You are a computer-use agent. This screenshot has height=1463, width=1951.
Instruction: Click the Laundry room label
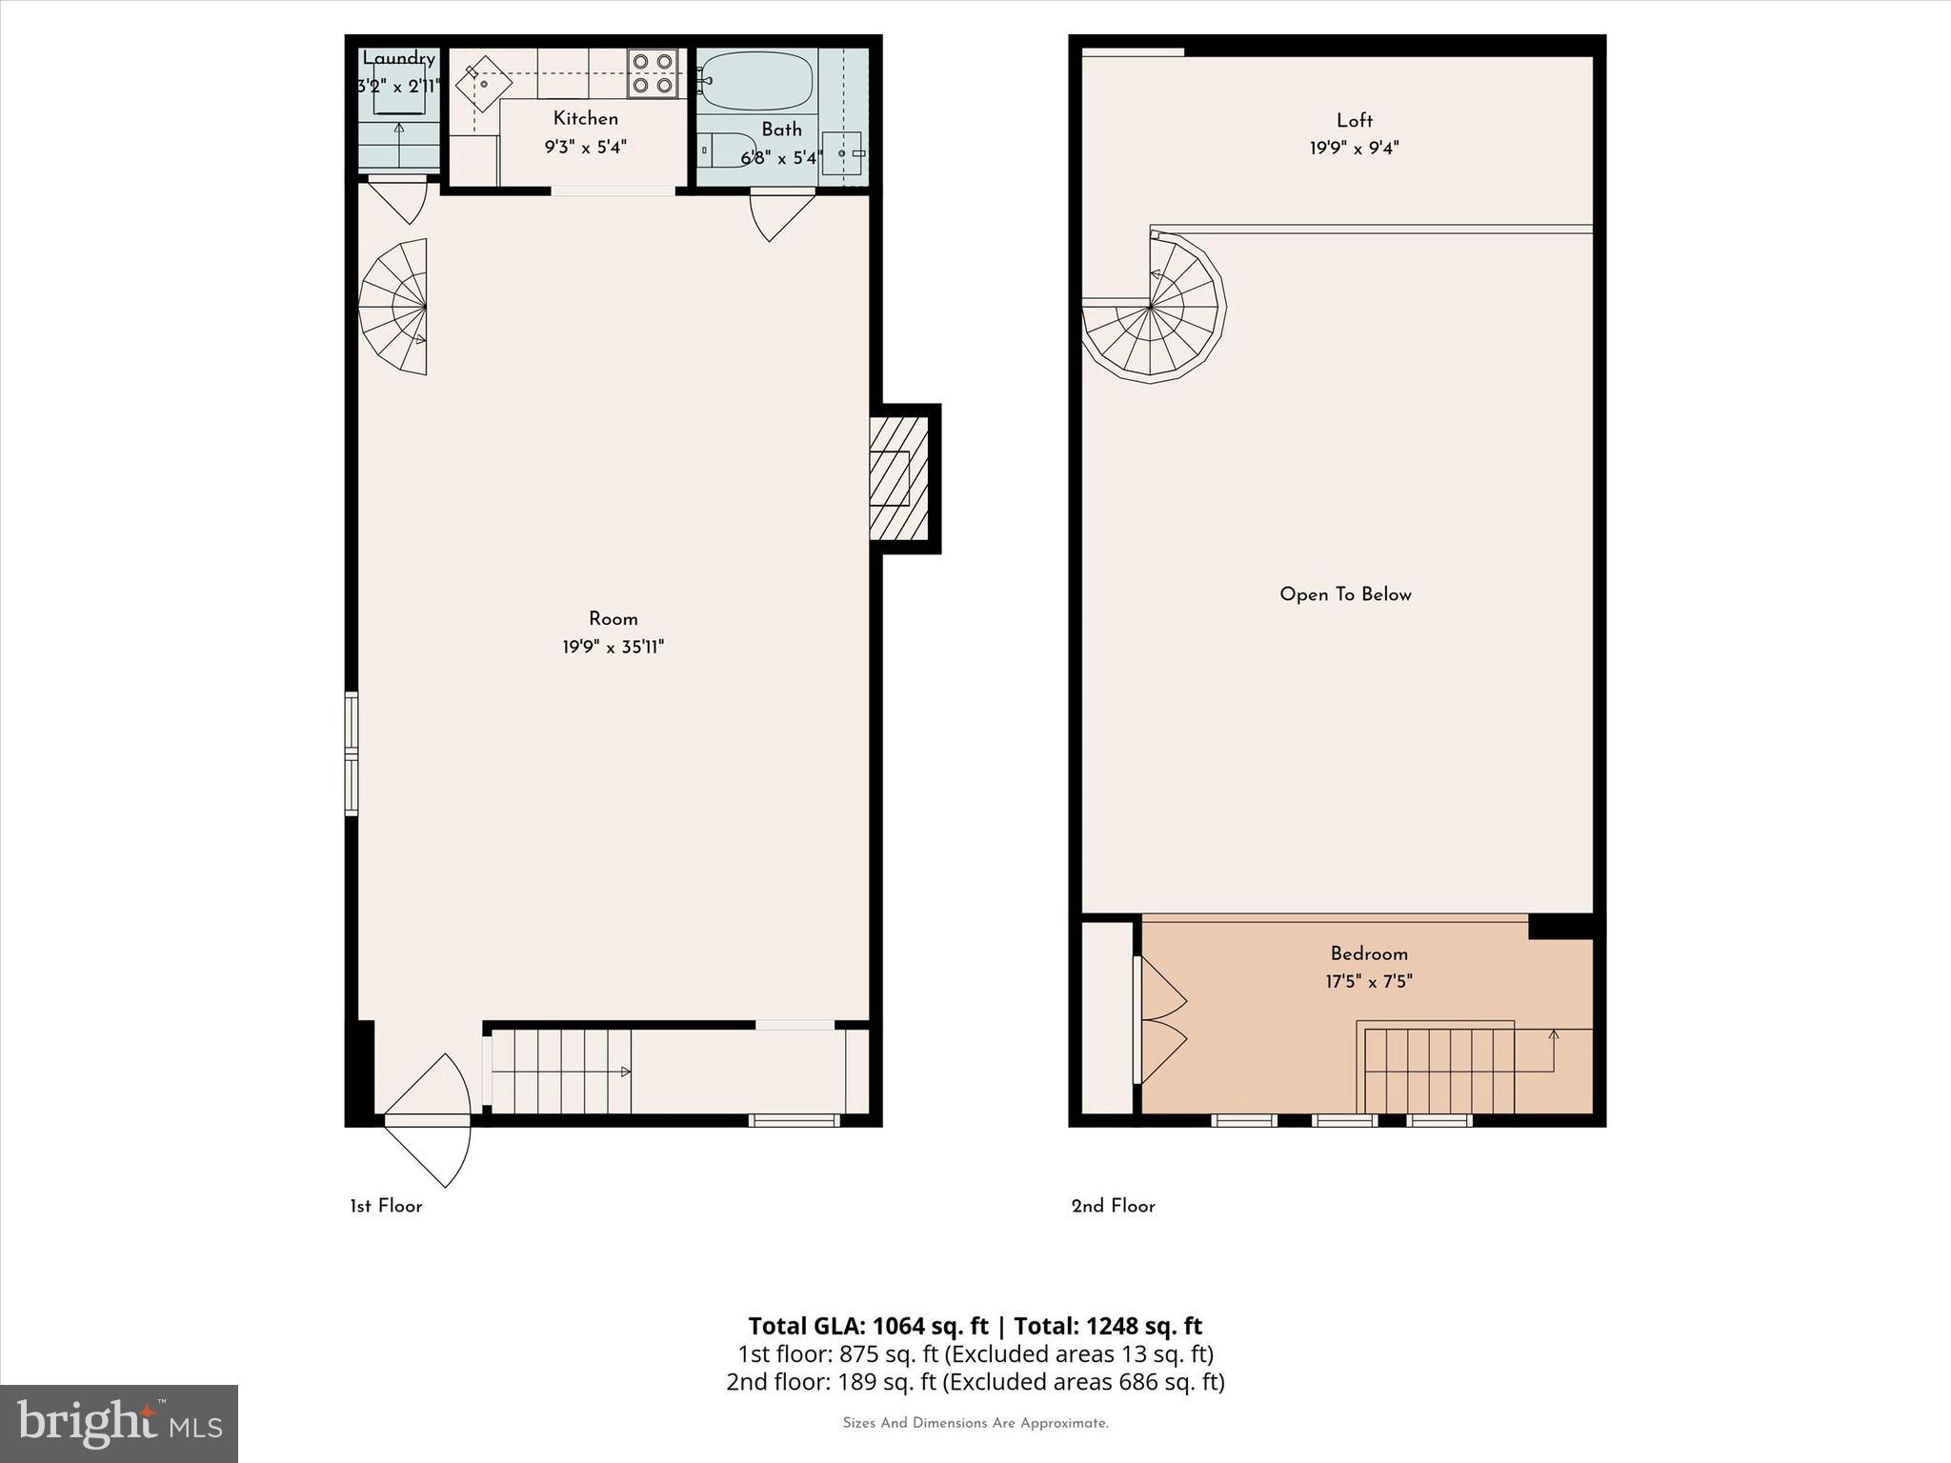coord(398,59)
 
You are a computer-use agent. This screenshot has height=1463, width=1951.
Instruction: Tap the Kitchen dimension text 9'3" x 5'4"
coord(585,148)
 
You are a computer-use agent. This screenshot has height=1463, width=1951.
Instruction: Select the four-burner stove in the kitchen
coord(653,73)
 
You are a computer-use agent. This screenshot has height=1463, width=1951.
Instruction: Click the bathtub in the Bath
coord(756,82)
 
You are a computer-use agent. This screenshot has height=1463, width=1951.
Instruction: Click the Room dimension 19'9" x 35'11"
coord(613,648)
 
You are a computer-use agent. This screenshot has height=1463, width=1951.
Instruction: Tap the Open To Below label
coord(1345,594)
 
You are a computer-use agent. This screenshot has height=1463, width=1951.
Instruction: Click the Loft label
coord(1354,120)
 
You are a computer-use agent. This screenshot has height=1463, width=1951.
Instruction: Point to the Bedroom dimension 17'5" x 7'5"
coord(1368,982)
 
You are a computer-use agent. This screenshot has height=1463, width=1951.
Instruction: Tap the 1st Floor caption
coord(386,1206)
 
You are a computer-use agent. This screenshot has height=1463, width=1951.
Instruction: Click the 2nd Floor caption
coord(1113,1206)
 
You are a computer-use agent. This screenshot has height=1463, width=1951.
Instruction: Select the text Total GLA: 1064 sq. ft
coord(868,1326)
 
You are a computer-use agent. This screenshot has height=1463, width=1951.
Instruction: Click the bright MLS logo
coord(119,1423)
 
